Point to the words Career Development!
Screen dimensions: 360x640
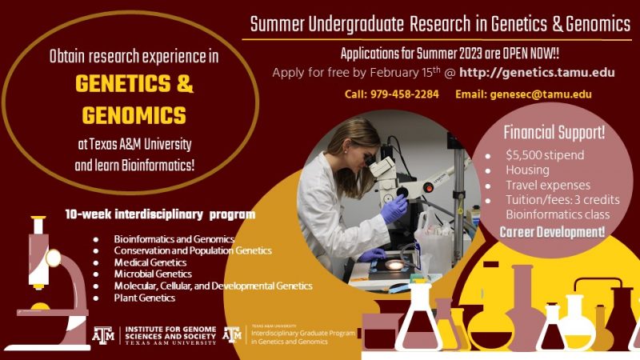coord(552,232)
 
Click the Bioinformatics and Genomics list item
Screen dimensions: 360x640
coord(174,239)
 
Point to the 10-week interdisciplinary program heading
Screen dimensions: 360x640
coord(160,214)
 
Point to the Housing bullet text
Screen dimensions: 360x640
coord(527,170)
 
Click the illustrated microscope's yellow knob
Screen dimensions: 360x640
coord(53,258)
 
